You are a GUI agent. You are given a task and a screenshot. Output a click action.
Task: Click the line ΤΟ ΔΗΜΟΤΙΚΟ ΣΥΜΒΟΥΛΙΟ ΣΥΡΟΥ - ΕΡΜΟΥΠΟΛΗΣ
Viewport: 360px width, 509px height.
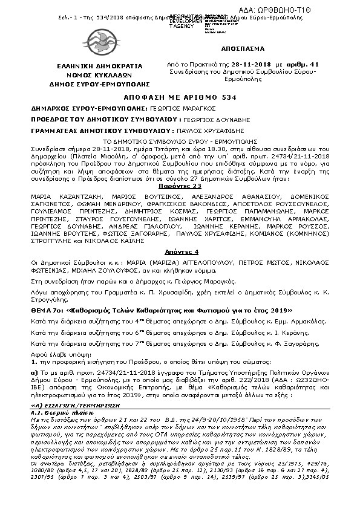point(179,140)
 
